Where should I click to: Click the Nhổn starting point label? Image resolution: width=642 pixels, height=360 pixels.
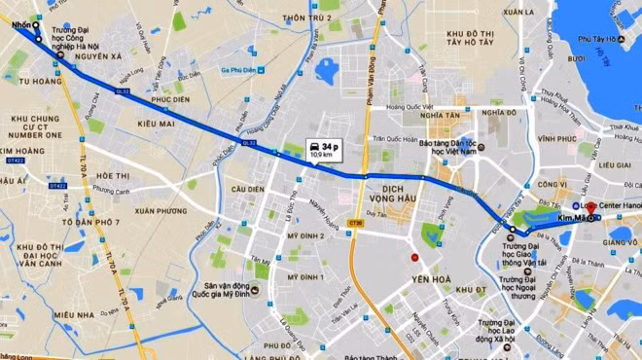[x=22, y=26]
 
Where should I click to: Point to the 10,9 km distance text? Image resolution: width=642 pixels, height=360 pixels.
[x=320, y=155]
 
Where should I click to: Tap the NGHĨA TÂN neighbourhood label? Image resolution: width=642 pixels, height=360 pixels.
[x=414, y=114]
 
